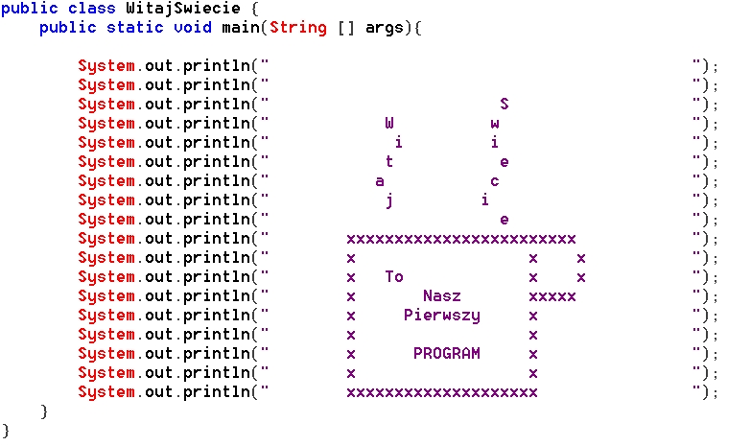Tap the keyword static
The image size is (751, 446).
pos(134,28)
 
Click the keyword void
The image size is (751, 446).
pos(192,28)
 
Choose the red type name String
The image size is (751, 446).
pos(297,28)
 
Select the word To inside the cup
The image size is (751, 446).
pos(394,277)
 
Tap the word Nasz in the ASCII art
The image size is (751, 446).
pos(441,296)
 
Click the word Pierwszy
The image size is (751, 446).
pos(441,316)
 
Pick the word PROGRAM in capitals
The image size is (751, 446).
pos(446,354)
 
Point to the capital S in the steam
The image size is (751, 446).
pos(505,104)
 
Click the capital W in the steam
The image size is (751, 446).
pos(389,123)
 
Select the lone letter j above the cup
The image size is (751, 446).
pos(389,200)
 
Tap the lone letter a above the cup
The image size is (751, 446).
pos(380,181)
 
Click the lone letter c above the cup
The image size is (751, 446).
pos(495,181)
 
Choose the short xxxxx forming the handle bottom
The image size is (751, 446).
pos(552,296)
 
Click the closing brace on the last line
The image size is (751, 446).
pos(6,431)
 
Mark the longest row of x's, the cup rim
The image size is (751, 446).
pos(460,239)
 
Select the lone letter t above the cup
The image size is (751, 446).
pos(389,162)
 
